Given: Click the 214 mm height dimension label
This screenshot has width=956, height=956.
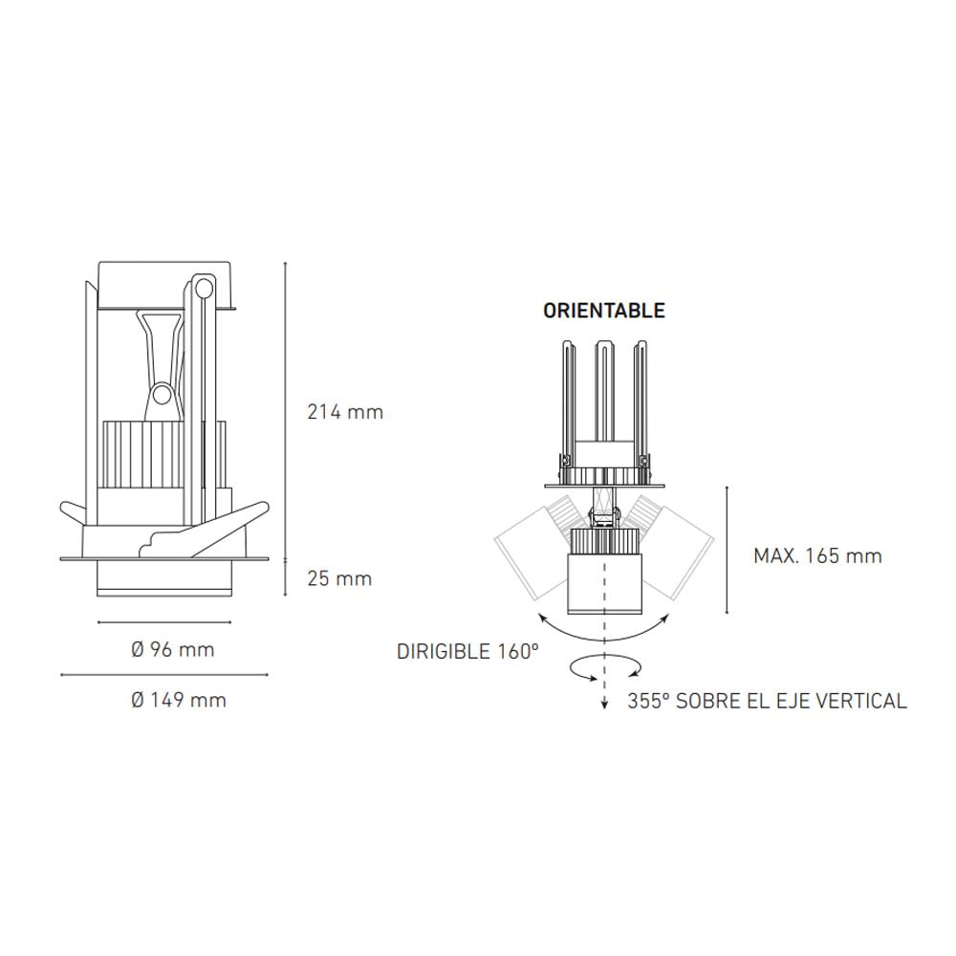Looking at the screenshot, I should coord(344,413).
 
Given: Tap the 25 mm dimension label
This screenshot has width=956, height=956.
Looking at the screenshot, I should coord(339,578).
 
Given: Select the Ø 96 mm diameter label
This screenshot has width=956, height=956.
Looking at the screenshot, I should coord(173,650).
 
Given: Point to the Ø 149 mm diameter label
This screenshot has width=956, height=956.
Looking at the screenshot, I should coord(179,700).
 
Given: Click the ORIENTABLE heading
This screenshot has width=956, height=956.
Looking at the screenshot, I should coord(603,311).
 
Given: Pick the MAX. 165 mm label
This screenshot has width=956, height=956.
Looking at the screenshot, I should coord(817,555).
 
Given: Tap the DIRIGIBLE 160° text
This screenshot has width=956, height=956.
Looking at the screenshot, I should coord(468,652).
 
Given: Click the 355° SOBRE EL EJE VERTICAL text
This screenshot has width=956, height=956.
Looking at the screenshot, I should coord(768,701).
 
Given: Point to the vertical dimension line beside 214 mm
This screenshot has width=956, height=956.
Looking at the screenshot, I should coord(287,411).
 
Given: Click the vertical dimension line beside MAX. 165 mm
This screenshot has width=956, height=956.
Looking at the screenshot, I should coord(728,551).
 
